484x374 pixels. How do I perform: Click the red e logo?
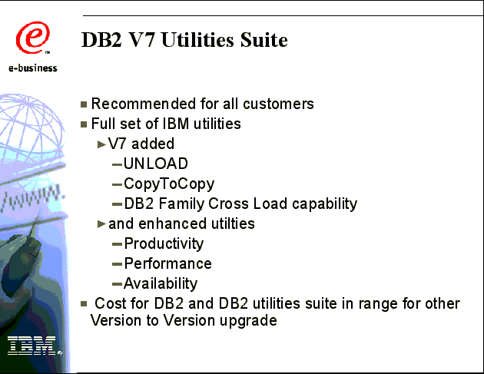[33, 38]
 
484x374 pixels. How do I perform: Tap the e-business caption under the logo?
[33, 68]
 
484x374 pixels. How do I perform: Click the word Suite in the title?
[264, 40]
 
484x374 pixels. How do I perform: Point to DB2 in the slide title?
[101, 40]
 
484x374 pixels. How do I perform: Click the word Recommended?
[144, 104]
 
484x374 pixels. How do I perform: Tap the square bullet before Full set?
[84, 124]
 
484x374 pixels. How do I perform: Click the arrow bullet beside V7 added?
[101, 144]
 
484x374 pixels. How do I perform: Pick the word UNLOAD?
[155, 164]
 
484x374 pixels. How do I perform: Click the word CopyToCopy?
[169, 184]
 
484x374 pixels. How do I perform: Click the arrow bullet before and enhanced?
[101, 224]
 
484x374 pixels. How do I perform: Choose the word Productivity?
[164, 243]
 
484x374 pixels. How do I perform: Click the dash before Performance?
[117, 264]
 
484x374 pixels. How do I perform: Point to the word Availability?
[161, 284]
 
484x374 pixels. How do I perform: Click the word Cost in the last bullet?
[109, 303]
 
